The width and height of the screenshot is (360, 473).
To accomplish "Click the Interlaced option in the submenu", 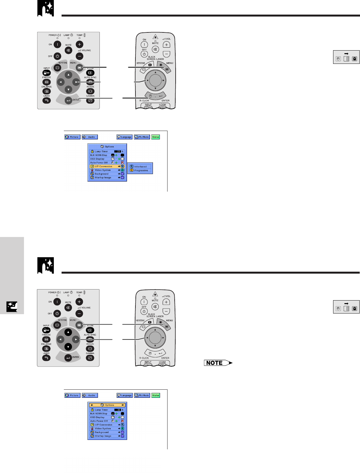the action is [140, 166].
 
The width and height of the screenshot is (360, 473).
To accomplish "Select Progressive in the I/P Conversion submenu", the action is [140, 170].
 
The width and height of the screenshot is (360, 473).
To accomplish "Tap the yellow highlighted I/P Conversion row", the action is [107, 166].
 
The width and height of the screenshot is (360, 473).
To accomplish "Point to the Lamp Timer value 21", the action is [118, 151].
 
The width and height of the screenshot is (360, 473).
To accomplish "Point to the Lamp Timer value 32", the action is [118, 410].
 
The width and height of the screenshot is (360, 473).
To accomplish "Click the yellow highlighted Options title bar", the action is [107, 405].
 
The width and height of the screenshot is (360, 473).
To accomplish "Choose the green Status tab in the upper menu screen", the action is [156, 137].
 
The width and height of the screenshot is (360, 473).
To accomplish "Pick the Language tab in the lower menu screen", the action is [124, 396].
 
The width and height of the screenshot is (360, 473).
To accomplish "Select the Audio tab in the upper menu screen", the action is [90, 137].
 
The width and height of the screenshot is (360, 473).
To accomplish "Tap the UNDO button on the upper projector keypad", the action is [46, 101].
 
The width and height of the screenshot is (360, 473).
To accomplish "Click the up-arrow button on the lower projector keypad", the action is [68, 332].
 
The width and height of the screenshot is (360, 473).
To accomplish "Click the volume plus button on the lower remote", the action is [166, 302].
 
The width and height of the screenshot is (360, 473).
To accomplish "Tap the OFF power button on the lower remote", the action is [144, 311].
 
